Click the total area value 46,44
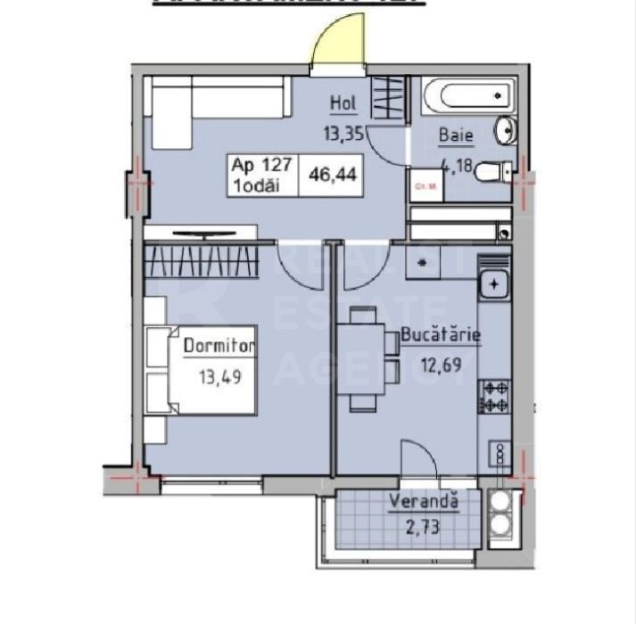[x=333, y=174]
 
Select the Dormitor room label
[x=219, y=345]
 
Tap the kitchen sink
[x=492, y=284]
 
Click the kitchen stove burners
[x=495, y=396]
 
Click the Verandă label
[x=424, y=501]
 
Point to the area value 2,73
[x=424, y=525]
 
